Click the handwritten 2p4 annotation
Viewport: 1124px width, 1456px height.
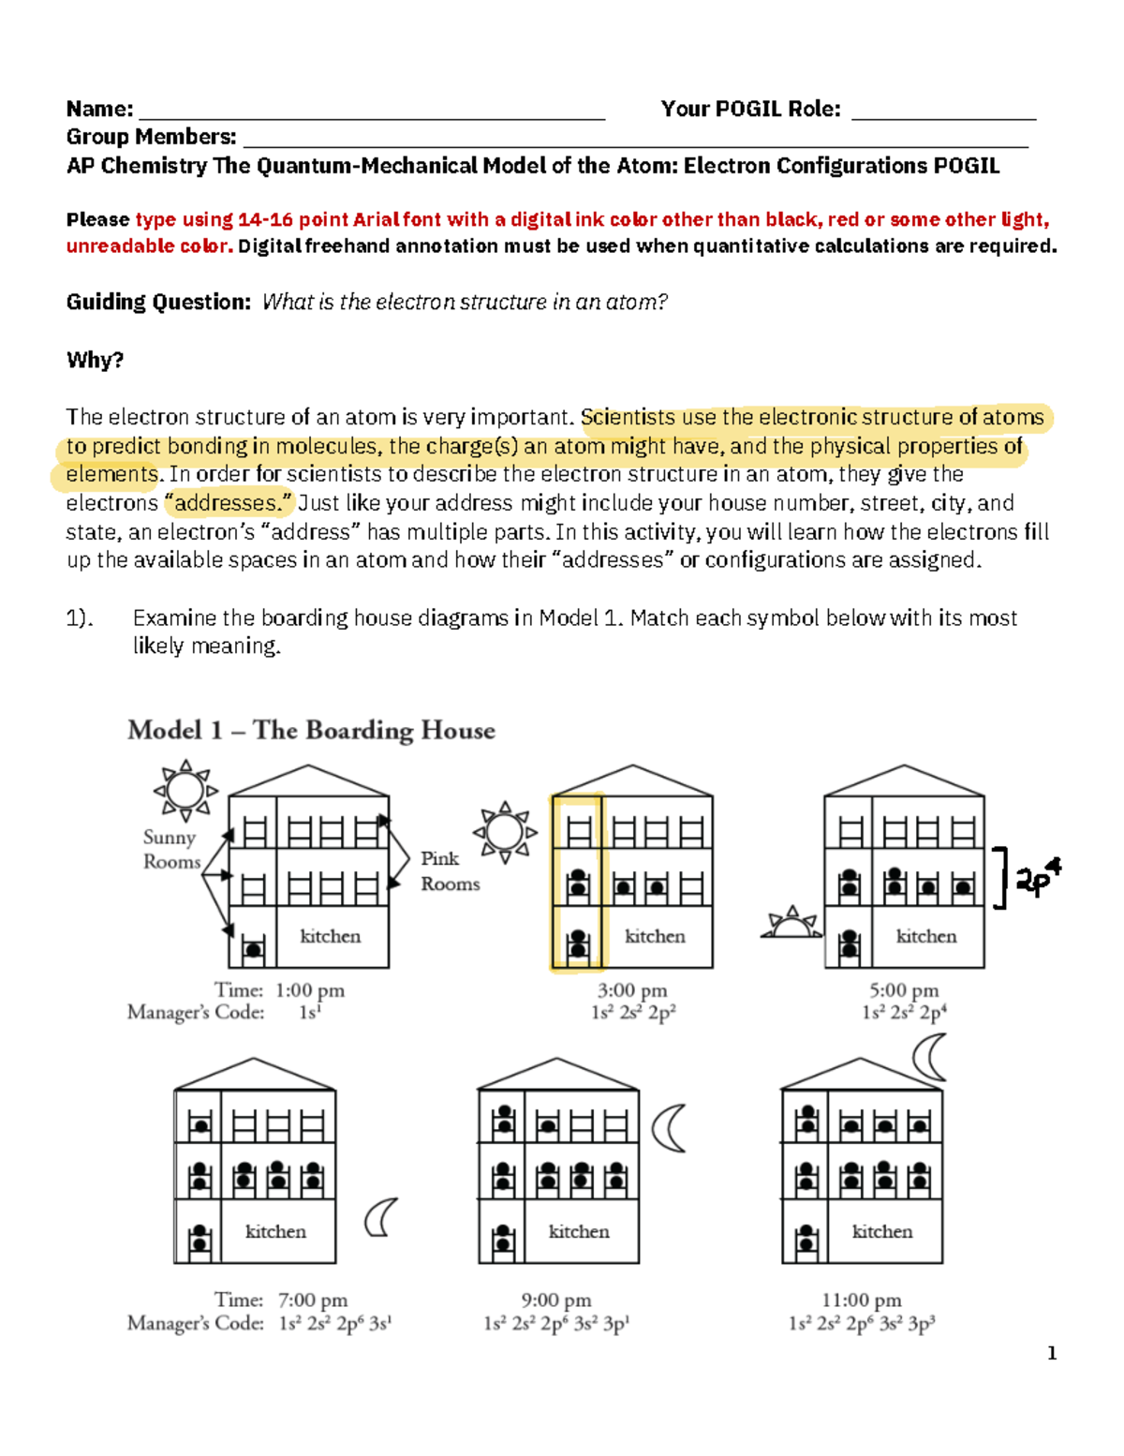coord(1037,879)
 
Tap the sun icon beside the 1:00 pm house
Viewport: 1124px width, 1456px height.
coord(185,791)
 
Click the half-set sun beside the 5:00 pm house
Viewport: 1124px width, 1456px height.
coord(792,925)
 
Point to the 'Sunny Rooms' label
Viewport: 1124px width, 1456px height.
coord(170,849)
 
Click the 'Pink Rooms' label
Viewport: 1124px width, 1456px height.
coord(449,870)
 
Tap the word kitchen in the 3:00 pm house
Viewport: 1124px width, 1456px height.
coord(655,936)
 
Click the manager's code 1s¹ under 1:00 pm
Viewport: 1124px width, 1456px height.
coord(309,1013)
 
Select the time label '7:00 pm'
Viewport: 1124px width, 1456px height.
coord(312,1300)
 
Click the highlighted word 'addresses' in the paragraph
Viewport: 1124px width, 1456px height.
coord(229,503)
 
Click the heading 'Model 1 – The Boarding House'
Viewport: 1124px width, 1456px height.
coord(311,730)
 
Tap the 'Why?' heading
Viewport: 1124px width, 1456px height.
coord(95,360)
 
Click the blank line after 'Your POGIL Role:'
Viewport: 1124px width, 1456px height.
coord(942,111)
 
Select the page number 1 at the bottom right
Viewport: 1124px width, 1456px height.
coord(1052,1353)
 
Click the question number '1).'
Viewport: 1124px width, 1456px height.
coord(80,618)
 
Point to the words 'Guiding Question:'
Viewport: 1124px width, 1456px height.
coord(158,302)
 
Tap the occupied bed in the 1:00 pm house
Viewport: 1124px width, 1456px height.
coord(253,949)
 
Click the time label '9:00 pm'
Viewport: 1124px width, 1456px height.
coord(555,1300)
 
